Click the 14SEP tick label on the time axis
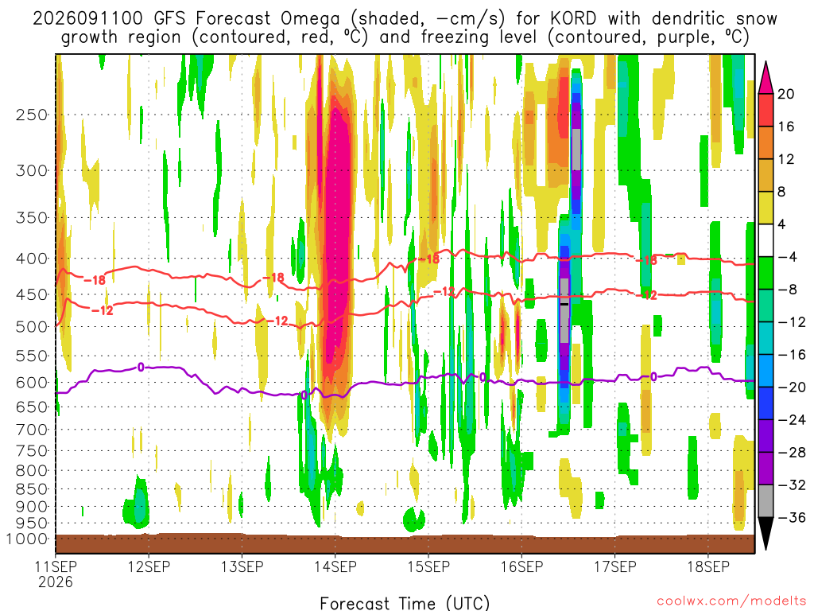(335, 566)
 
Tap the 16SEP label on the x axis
(521, 566)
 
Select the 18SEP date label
(708, 566)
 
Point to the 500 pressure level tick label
(32, 327)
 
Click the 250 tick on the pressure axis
(32, 115)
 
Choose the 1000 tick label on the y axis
(27, 539)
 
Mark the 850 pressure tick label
(32, 489)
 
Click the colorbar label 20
(785, 94)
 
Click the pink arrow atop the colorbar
(766, 77)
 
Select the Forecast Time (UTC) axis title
(405, 603)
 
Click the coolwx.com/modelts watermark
(731, 601)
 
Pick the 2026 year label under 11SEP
(56, 582)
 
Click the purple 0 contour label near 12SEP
(141, 368)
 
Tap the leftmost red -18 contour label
(95, 280)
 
